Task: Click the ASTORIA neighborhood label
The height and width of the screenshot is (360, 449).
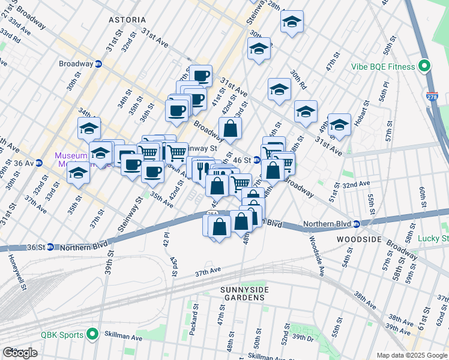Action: click(x=127, y=20)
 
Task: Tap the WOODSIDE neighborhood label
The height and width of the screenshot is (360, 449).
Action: click(x=360, y=239)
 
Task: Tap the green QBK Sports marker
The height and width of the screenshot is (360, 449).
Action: click(x=92, y=334)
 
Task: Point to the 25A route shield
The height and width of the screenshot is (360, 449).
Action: click(x=212, y=214)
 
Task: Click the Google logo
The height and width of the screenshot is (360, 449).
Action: click(x=20, y=353)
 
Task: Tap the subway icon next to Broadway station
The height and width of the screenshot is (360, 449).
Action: click(x=98, y=64)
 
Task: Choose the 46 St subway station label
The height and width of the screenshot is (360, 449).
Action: click(x=241, y=160)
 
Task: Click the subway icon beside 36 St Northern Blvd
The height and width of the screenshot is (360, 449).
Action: click(x=50, y=247)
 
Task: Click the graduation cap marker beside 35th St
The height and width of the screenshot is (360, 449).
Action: click(x=78, y=173)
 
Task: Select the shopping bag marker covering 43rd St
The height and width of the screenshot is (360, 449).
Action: click(x=230, y=128)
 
